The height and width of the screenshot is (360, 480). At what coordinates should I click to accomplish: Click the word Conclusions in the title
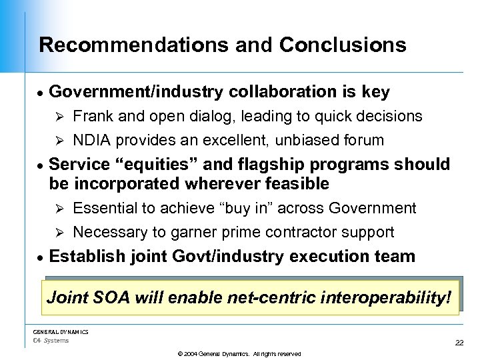click(343, 45)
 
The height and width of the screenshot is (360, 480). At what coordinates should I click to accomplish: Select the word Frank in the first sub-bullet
click(92, 117)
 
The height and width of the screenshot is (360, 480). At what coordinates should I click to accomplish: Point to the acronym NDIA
click(91, 141)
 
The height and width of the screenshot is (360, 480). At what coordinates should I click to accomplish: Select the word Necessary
click(109, 233)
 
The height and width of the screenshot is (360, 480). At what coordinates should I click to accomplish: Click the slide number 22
click(459, 343)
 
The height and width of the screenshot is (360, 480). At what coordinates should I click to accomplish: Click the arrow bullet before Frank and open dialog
click(58, 117)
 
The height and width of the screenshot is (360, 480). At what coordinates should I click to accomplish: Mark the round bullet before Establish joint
click(41, 257)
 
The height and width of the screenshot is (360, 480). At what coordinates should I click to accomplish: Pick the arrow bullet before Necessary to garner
click(58, 233)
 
